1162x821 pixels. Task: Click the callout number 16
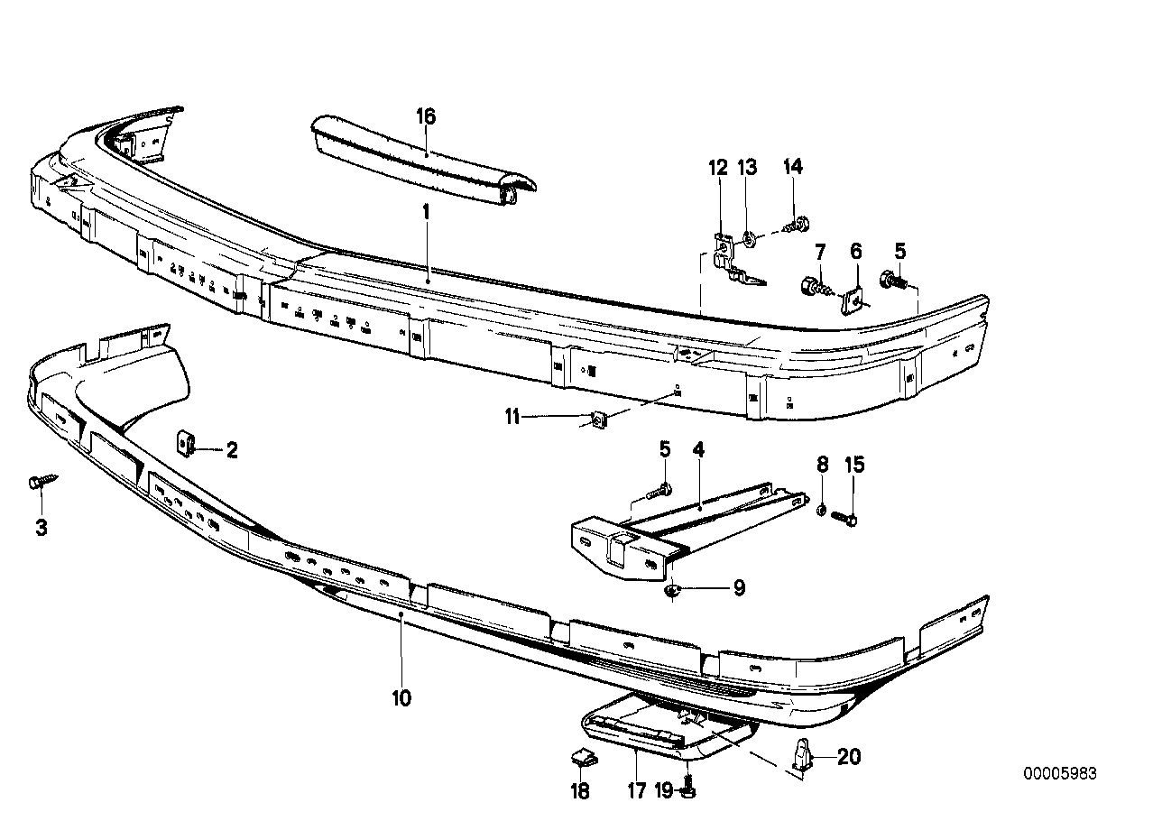(x=426, y=116)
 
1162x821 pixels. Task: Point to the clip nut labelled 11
(x=597, y=419)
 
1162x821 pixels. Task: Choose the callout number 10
(x=401, y=697)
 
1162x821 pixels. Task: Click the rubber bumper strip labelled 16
(x=424, y=156)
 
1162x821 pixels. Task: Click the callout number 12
(x=717, y=167)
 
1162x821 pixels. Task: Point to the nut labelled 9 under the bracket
(x=672, y=592)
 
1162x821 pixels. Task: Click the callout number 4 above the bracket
(x=697, y=448)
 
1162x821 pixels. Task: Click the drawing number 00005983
(x=1060, y=773)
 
